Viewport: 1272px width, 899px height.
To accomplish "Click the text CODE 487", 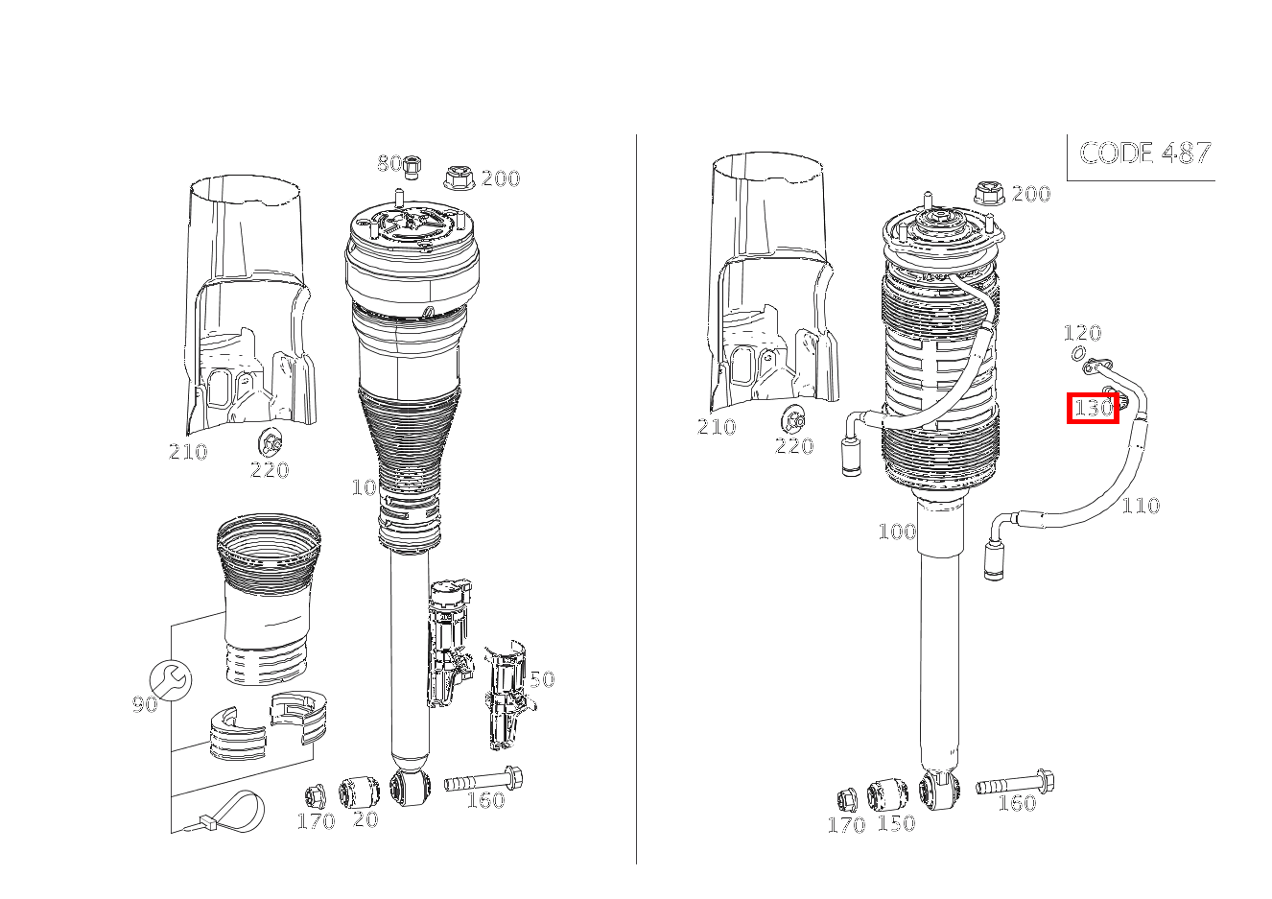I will tap(1144, 153).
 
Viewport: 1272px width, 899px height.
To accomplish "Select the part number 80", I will tap(389, 163).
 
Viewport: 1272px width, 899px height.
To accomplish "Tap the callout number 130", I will tap(1093, 408).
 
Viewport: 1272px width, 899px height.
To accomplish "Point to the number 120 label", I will tap(1081, 333).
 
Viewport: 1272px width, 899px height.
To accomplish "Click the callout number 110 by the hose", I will tap(1140, 505).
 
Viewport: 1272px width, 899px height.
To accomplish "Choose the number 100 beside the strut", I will tap(896, 532).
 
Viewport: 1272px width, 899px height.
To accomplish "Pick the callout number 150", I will tap(896, 823).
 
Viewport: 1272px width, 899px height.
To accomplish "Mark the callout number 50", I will tap(541, 679).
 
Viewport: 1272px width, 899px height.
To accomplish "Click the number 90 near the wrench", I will tap(144, 705).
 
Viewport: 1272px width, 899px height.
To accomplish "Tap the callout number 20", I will tap(365, 820).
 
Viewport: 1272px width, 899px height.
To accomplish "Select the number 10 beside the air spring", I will tap(364, 487).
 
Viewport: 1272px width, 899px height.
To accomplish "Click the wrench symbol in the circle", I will tap(172, 680).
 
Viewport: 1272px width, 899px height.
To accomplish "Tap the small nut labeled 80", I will tap(412, 166).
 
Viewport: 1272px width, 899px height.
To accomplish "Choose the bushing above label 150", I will tap(886, 795).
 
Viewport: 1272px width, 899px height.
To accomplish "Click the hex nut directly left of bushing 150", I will tap(847, 798).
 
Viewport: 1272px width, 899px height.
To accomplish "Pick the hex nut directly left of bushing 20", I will tap(315, 796).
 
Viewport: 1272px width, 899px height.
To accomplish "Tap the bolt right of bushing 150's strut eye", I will tap(1017, 784).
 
